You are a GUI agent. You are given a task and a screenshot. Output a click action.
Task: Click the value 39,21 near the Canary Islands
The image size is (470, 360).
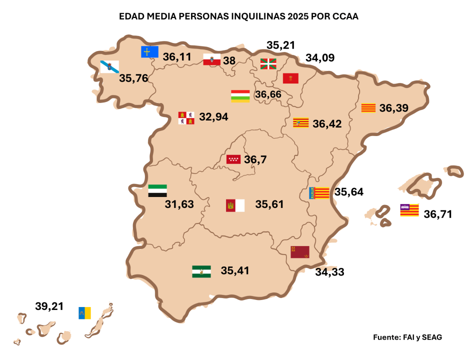click(49, 306)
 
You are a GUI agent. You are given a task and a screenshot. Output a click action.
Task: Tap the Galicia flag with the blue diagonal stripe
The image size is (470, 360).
click(109, 67)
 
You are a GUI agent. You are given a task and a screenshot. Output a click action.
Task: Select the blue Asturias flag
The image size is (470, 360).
click(148, 51)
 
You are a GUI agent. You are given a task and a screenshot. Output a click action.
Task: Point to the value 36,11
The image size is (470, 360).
click(177, 57)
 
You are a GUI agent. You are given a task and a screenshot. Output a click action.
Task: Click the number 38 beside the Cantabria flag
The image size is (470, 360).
click(229, 60)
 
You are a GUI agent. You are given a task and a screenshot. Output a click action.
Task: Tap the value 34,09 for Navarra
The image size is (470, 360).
click(320, 58)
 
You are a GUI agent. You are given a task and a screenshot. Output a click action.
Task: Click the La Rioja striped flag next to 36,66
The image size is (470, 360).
click(240, 95)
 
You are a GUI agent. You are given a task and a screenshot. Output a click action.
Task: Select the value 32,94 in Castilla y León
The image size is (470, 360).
click(213, 117)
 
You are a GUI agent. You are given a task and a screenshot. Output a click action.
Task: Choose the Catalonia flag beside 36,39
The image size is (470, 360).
click(368, 108)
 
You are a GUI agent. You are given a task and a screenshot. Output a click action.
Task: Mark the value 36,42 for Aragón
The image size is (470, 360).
click(327, 123)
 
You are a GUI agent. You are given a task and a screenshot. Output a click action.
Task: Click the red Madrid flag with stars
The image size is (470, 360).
click(234, 159)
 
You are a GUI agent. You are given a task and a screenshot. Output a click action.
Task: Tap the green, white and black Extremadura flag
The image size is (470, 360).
click(157, 190)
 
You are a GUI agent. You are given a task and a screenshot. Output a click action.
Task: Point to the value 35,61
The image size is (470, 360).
click(269, 204)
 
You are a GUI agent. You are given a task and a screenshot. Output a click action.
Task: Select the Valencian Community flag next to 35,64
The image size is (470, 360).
click(319, 193)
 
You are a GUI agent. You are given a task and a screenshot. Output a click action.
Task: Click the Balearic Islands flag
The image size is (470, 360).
click(409, 210)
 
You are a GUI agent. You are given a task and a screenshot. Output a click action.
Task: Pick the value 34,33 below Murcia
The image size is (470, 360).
click(330, 272)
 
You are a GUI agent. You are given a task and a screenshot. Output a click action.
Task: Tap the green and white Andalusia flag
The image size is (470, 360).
click(201, 271)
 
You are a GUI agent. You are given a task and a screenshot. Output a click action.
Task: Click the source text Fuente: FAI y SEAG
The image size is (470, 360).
click(407, 337)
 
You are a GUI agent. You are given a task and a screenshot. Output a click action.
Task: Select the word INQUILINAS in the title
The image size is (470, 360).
click(257, 16)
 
